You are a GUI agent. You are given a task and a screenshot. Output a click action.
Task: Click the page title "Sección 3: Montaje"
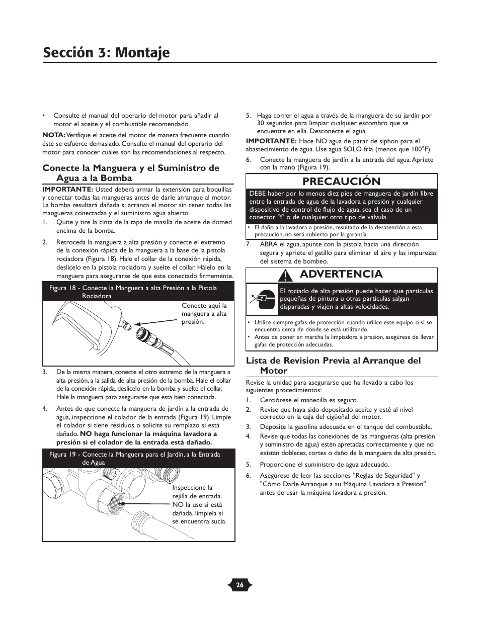[x=106, y=52]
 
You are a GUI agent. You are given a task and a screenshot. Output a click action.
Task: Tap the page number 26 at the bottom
[x=240, y=585]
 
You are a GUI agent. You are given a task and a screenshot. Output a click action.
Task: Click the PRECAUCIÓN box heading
[x=341, y=181]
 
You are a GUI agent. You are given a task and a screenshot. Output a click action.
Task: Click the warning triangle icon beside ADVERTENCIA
[x=286, y=275]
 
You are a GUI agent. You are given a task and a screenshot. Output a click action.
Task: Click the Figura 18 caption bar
[x=138, y=292]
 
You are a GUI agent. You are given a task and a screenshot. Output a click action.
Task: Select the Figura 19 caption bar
[x=138, y=458]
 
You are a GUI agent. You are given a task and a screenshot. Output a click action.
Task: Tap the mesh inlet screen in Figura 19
[x=113, y=500]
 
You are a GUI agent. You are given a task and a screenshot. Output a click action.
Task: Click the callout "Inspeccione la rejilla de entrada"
[x=199, y=504]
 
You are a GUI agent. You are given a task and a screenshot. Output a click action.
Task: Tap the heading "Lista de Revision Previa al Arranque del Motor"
[x=333, y=366]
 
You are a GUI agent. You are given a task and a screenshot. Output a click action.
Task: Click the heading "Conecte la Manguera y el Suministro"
[x=131, y=172]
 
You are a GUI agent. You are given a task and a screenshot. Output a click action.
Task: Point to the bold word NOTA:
[x=53, y=135]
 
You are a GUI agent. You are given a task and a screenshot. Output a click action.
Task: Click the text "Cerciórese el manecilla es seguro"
[x=308, y=400]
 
